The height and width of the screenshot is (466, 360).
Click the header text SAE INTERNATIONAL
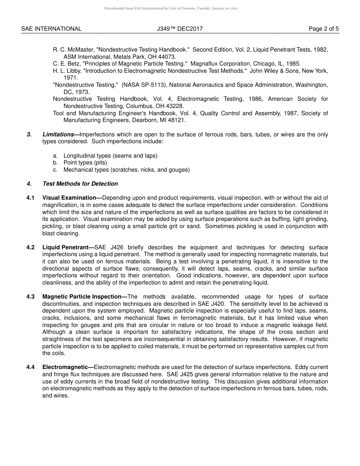coord(51,29)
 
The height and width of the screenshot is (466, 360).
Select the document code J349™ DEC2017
coord(177,29)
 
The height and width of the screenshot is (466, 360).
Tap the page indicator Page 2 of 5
coord(324,29)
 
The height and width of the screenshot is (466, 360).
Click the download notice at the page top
coord(171,8)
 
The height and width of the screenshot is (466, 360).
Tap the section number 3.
coord(29,134)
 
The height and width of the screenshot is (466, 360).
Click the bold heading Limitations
coord(58,134)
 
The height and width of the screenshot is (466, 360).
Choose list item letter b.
coord(55,163)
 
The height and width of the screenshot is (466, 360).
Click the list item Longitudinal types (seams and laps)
coord(110,156)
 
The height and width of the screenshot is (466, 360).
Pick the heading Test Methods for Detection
coord(80,184)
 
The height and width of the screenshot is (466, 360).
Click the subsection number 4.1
coord(31,198)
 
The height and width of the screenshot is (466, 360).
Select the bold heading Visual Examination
coord(69,198)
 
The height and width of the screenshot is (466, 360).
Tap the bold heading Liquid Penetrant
coord(65,247)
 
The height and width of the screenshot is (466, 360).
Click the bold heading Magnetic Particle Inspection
coord(82,297)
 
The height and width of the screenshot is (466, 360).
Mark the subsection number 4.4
coord(31,367)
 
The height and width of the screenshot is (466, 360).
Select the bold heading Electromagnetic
coord(65,367)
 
